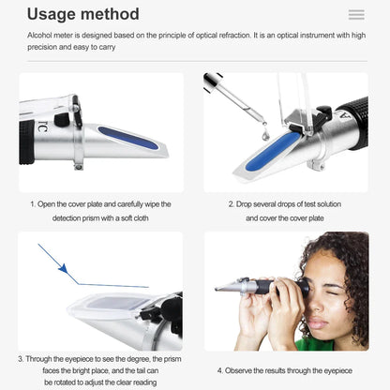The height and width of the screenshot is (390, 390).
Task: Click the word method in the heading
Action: pos(110,14)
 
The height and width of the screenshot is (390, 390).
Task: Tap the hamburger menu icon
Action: pos(355,15)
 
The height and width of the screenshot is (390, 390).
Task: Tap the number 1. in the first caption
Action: pos(33,203)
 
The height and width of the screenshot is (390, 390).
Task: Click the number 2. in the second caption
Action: pos(232,203)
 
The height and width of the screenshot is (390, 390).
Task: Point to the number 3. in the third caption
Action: pos(21,357)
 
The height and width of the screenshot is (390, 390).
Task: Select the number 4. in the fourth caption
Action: pos(221,370)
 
